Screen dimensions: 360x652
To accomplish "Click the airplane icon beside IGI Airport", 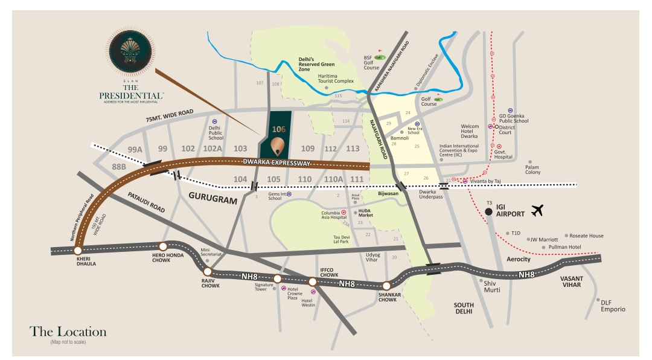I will [x=537, y=210].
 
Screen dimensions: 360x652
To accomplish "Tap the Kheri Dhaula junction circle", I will [x=77, y=249].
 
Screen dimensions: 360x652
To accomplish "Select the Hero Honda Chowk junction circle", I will [x=162, y=246].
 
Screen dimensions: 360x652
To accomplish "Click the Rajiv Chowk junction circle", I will [x=208, y=272].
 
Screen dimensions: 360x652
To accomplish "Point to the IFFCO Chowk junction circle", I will [x=312, y=281].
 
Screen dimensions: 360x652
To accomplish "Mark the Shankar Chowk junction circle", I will [x=386, y=286].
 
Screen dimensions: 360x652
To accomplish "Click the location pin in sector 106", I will [x=278, y=146].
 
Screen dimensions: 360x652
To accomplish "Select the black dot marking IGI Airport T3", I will [x=488, y=211].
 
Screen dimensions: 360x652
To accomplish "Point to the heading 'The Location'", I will [x=68, y=332].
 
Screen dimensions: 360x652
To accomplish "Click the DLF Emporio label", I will [x=613, y=306].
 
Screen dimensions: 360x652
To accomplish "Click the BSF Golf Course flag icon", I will [x=380, y=53].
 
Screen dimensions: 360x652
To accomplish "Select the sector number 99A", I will [x=135, y=149].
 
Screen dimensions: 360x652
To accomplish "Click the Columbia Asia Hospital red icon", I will [x=344, y=213].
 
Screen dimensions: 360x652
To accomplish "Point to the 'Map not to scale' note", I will [x=68, y=342].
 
